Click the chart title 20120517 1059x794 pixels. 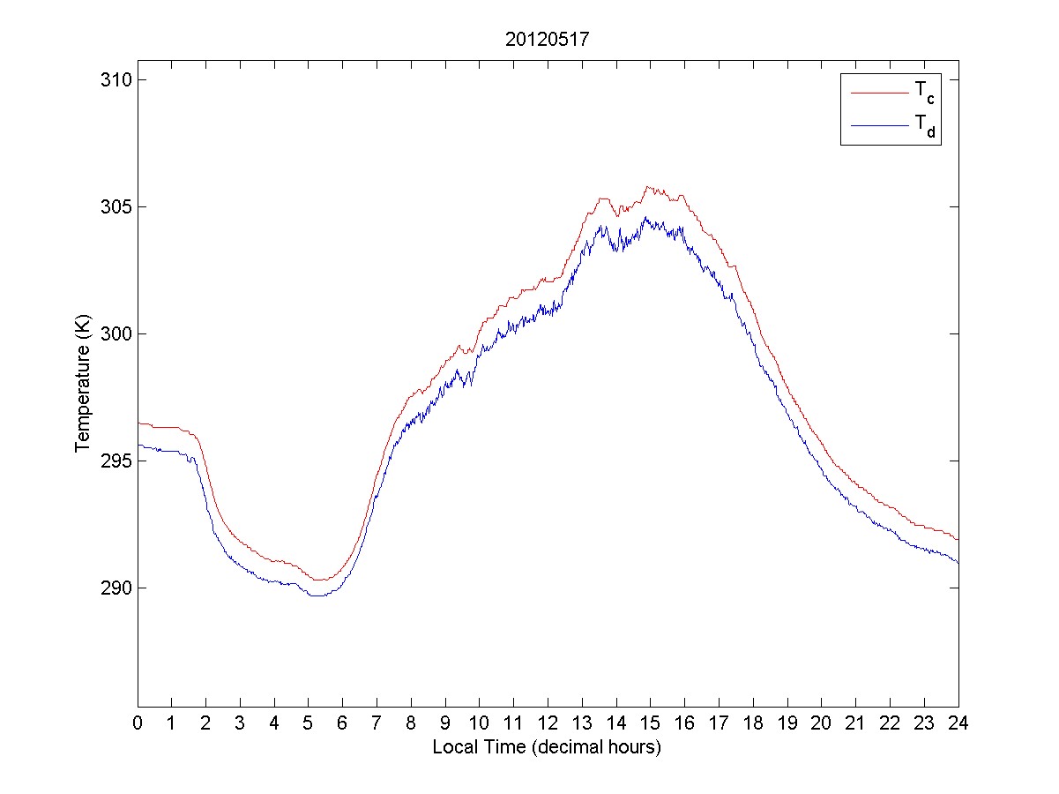pyautogui.click(x=547, y=40)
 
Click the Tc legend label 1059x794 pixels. pyautogui.click(x=924, y=92)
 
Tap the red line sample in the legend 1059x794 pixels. pyautogui.click(x=879, y=92)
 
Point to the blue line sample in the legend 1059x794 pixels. pyautogui.click(x=879, y=126)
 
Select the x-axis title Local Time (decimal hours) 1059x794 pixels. pyautogui.click(x=547, y=747)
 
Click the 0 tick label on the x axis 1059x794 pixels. pyautogui.click(x=138, y=723)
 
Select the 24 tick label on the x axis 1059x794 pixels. pyautogui.click(x=958, y=723)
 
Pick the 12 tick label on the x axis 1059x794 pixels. pyautogui.click(x=548, y=723)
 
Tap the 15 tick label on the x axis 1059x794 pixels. pyautogui.click(x=650, y=723)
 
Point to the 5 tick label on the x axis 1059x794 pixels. pyautogui.click(x=309, y=723)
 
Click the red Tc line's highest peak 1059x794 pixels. pyautogui.click(x=648, y=187)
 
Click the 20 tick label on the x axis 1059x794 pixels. pyautogui.click(x=821, y=723)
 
